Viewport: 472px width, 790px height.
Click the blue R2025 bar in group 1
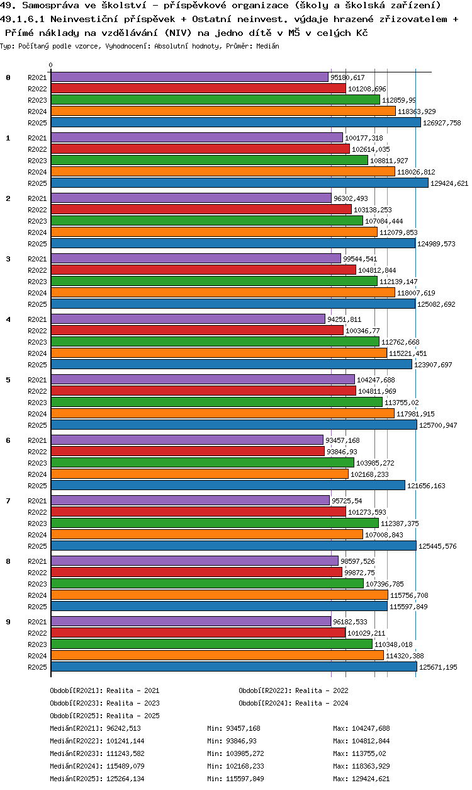[239, 183]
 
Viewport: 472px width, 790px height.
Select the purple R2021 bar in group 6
[187, 440]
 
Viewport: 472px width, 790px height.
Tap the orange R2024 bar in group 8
[219, 595]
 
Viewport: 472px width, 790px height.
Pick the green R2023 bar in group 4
[215, 342]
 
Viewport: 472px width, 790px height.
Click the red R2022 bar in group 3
[203, 270]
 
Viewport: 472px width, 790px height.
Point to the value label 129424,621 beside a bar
[450, 183]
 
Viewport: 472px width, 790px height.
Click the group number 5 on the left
[8, 380]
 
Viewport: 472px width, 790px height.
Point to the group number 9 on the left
[8, 622]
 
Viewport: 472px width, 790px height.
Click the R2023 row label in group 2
[38, 221]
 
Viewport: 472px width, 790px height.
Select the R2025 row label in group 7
[38, 546]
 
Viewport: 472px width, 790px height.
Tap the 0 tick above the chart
[51, 66]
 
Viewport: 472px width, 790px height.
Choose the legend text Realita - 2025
[133, 716]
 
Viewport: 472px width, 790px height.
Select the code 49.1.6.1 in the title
[23, 20]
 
